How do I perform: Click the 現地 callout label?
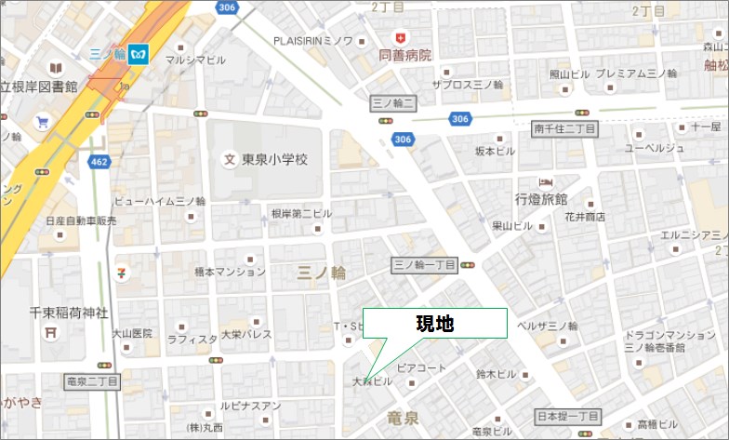click(434, 323)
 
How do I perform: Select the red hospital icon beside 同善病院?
click(401, 37)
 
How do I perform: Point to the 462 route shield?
click(99, 161)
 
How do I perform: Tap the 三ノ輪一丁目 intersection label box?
click(424, 264)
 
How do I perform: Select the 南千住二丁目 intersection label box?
click(563, 127)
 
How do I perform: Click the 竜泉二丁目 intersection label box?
click(93, 381)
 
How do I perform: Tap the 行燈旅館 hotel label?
click(541, 199)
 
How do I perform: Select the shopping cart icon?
click(42, 121)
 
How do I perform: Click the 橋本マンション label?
click(230, 273)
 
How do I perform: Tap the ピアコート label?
click(421, 368)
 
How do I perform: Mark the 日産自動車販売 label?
click(82, 221)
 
